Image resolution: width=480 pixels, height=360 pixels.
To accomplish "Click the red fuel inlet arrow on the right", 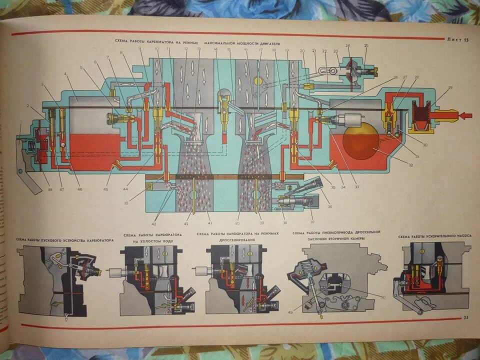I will point(464,116).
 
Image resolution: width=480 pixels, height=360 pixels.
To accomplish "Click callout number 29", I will point(450,88).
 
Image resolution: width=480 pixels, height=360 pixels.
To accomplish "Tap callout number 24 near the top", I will point(347,46).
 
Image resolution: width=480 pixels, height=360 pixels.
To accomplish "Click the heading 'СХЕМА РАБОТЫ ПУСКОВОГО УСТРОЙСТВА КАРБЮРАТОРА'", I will point(65,240).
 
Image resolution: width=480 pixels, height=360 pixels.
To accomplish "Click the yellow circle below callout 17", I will point(258,80).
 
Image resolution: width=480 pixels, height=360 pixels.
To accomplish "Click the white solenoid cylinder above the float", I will point(346,120).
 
